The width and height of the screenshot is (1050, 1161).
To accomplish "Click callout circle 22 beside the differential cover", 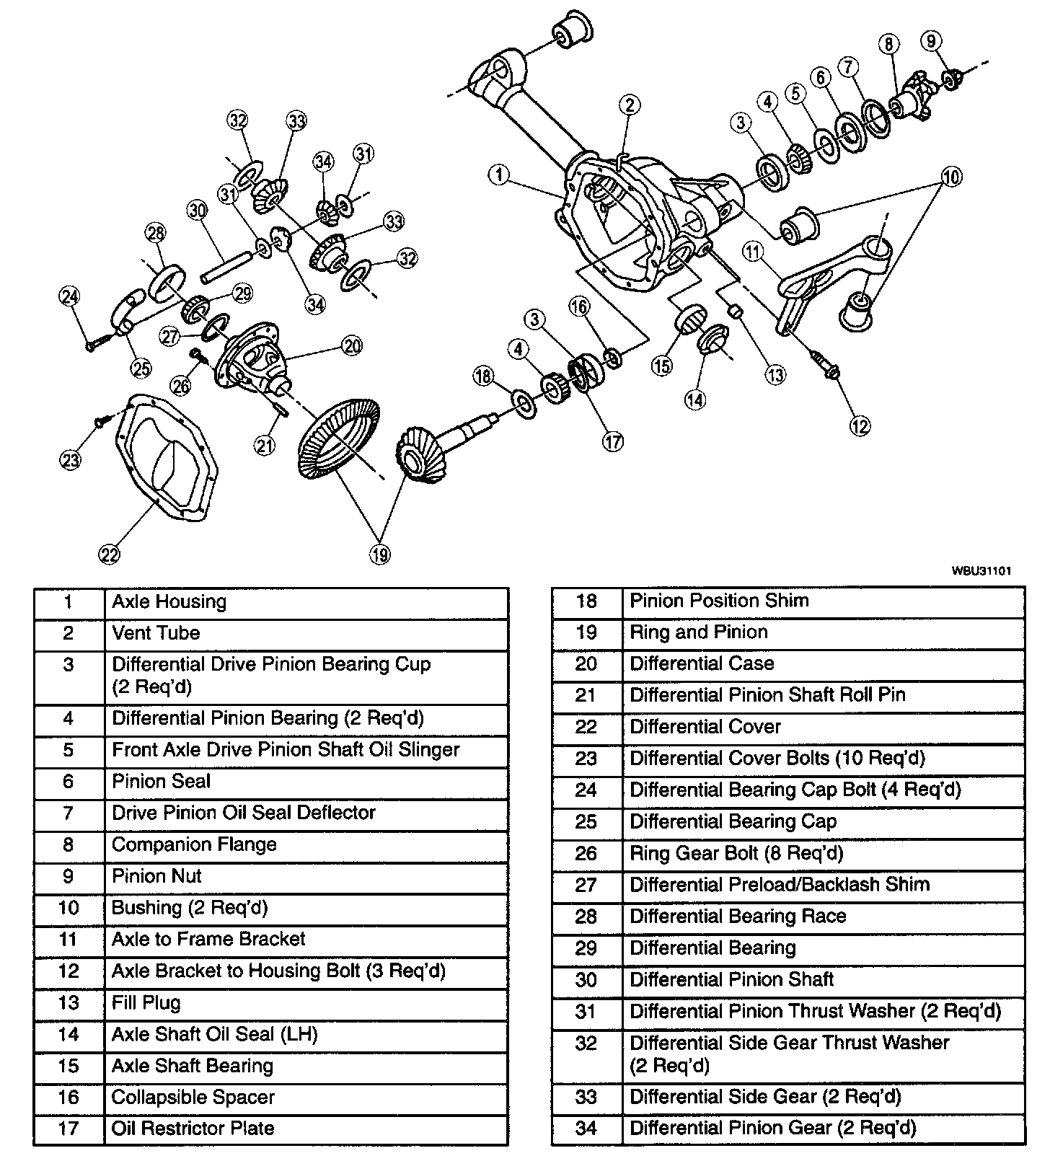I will pos(109,554).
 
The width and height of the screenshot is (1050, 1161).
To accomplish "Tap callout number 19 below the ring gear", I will pos(380,554).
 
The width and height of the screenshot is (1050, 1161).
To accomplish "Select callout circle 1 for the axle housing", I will pos(498,174).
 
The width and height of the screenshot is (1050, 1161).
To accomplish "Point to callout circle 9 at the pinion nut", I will pos(931,41).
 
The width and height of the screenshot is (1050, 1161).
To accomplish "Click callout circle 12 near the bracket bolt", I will pos(860,425).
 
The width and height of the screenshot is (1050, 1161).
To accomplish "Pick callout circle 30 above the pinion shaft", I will pos(197,211).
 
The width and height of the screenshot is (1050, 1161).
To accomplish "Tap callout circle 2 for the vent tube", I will pos(629,105).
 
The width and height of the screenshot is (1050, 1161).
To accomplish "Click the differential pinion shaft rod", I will pos(226,265).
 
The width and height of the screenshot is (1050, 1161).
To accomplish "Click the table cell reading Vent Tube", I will pos(156,633).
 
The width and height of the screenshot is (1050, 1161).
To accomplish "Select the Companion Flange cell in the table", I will pos(194,844).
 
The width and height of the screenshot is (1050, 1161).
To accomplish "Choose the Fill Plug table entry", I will pos(146,1002).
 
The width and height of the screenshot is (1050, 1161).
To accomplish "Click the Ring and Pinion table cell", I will pos(698,632).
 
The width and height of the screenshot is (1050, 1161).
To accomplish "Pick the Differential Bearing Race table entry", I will pos(737,916).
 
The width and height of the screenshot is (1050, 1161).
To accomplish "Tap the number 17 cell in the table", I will pos(69,1128).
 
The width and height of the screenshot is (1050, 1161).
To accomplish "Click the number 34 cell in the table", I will pos(586,1128).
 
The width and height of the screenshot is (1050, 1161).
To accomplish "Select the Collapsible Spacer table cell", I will pos(193,1098).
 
